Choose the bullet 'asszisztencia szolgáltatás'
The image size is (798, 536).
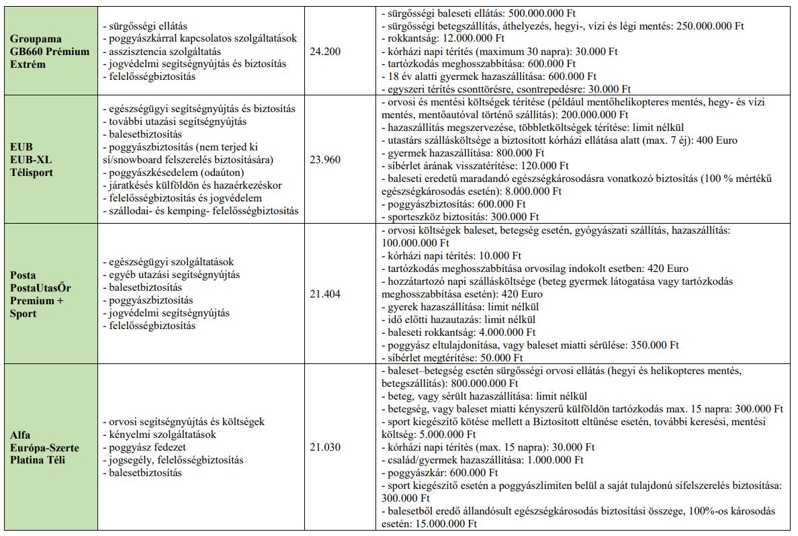[x=162, y=51]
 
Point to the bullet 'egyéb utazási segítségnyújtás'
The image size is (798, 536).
[x=171, y=275]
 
